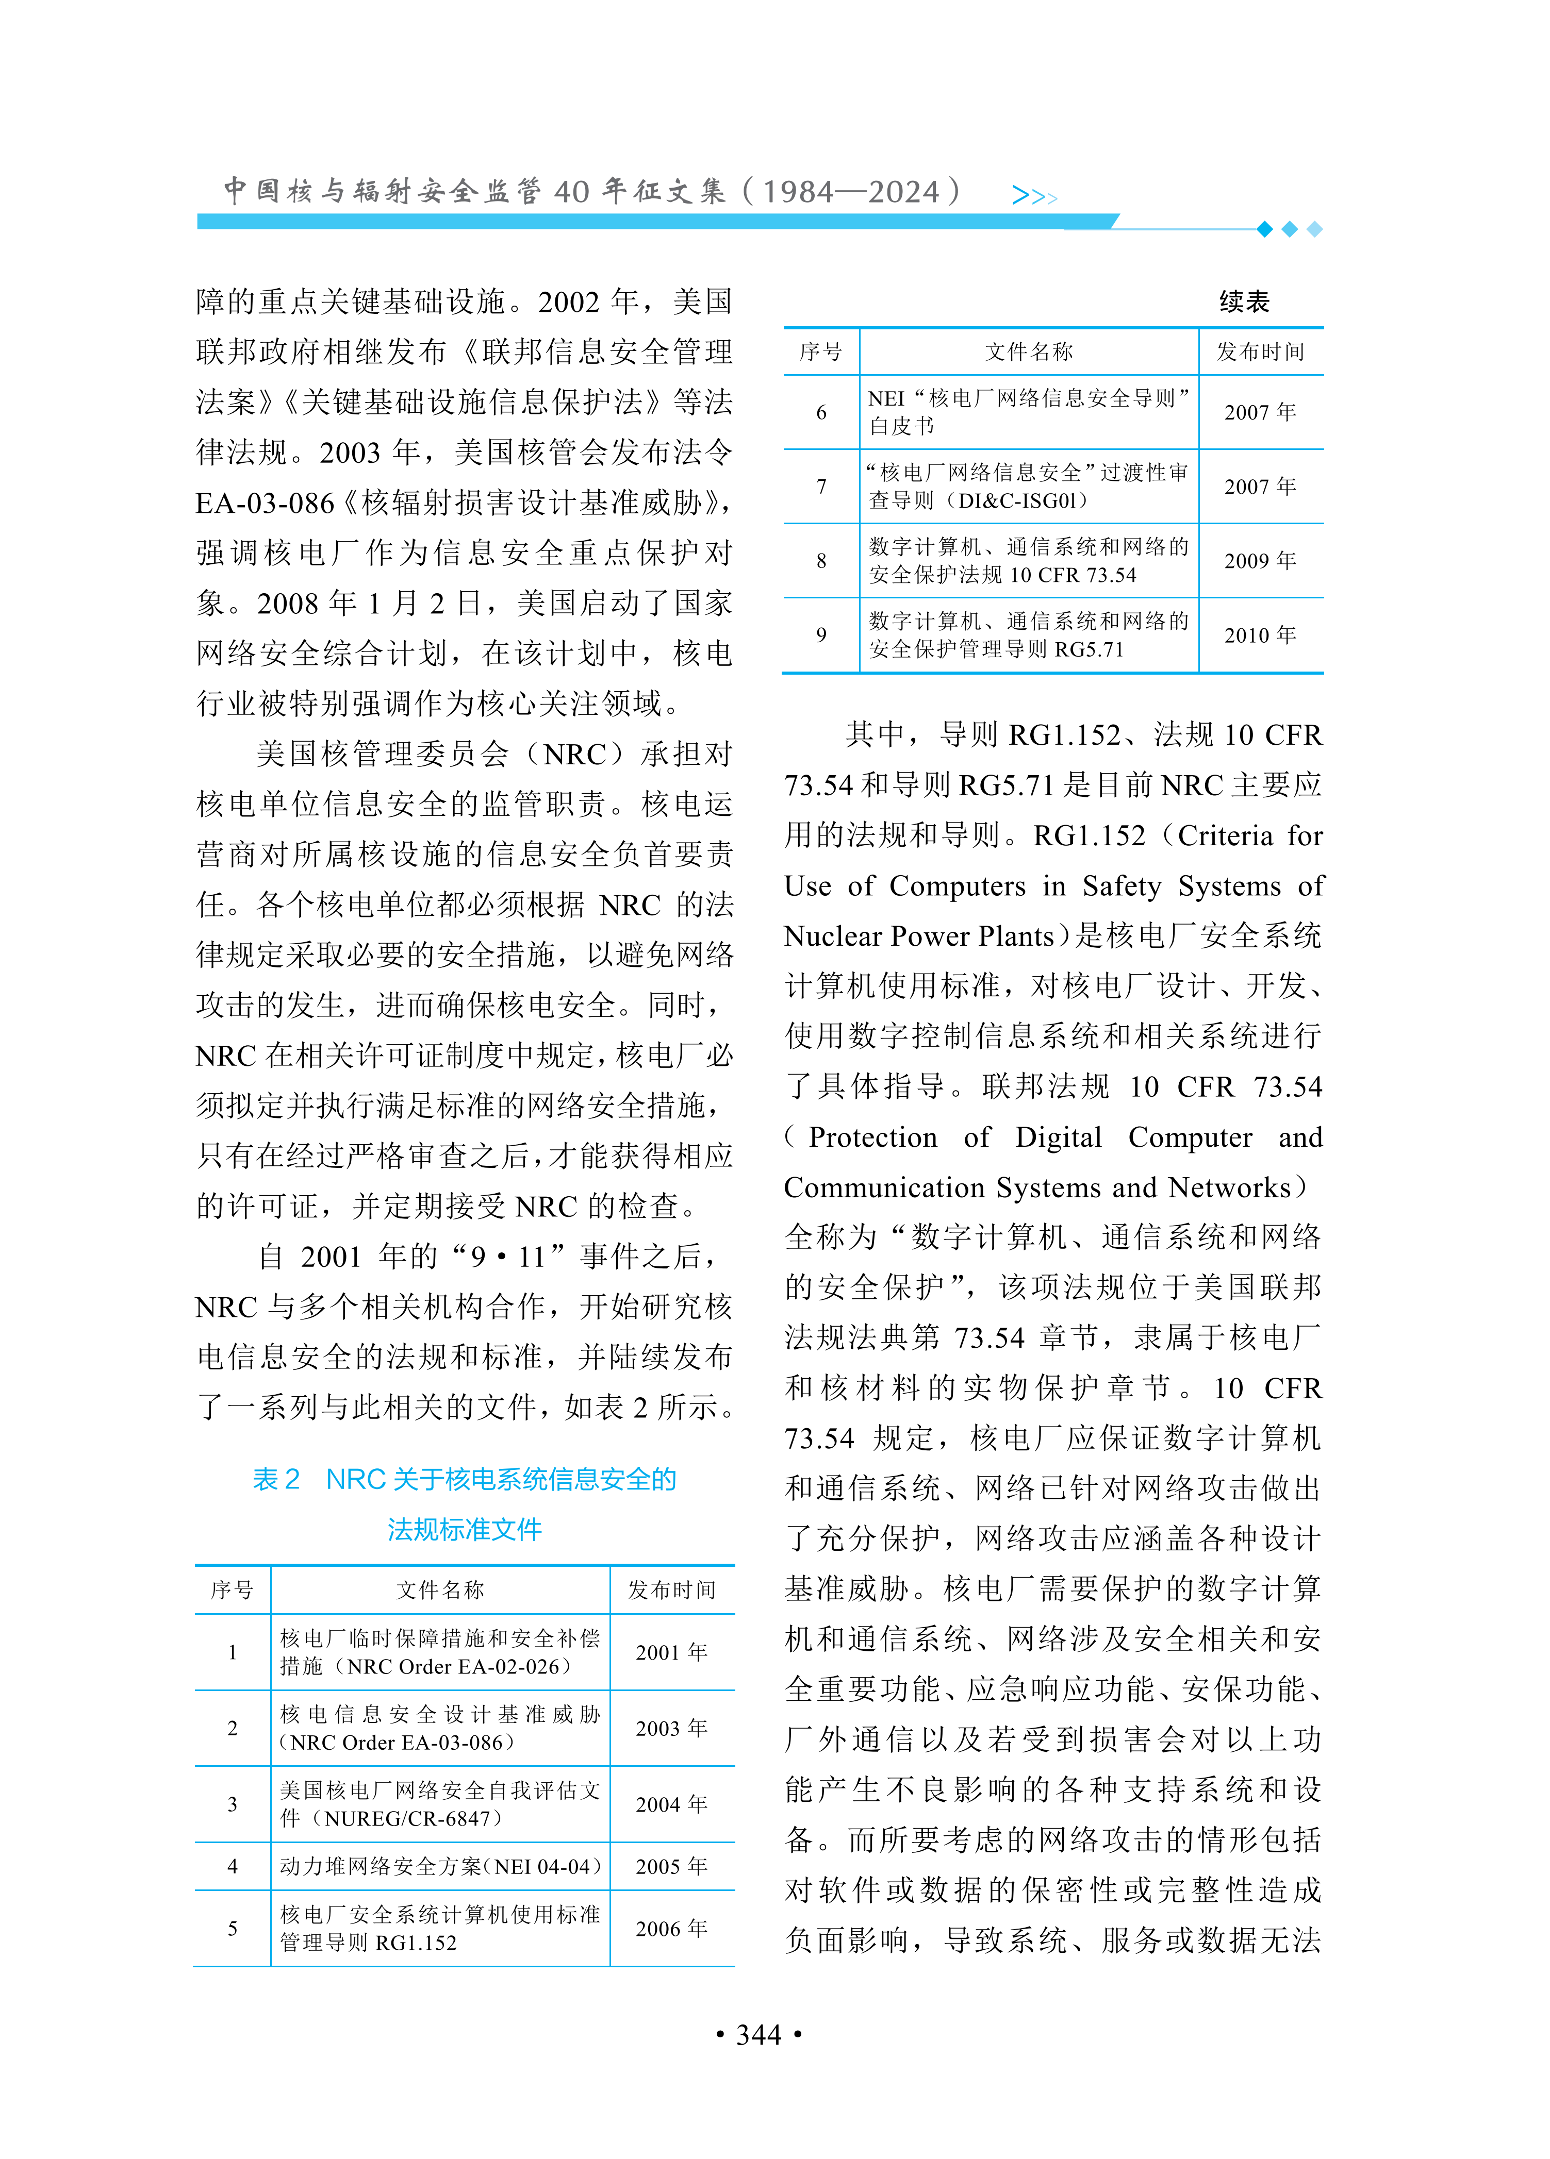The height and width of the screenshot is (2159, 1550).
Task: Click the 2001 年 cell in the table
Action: pos(671,1652)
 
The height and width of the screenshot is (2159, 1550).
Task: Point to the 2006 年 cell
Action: pos(671,1929)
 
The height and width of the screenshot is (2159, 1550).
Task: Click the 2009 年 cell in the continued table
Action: pos(1260,561)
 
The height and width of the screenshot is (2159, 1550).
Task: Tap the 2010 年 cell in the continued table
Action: pos(1260,635)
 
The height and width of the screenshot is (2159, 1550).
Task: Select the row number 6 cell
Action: pos(821,412)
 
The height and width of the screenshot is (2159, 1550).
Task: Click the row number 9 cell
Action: pos(821,635)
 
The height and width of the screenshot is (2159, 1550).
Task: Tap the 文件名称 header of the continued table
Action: pos(1028,352)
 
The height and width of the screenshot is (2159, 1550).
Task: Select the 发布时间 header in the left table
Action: pos(671,1589)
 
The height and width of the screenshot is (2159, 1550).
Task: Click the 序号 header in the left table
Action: pos(233,1589)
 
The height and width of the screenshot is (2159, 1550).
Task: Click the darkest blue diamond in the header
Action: pos(1264,229)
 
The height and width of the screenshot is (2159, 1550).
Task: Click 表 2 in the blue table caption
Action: pos(276,1479)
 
